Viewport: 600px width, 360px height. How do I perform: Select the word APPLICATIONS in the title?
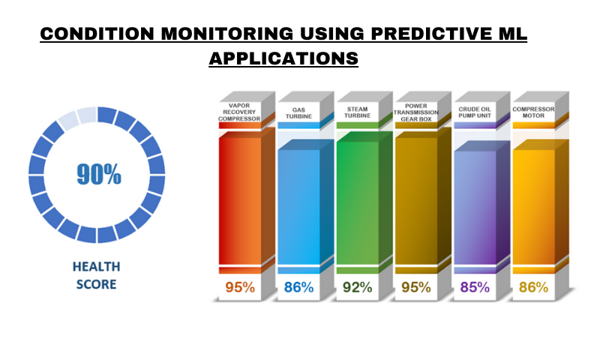click(283, 58)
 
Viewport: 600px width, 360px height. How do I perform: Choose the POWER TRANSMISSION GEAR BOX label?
click(415, 112)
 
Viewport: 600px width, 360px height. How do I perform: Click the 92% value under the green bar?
click(357, 287)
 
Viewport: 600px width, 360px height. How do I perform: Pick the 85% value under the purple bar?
click(475, 287)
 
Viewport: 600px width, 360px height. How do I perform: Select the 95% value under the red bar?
click(240, 287)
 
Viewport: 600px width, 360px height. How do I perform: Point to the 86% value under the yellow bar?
click(533, 287)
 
